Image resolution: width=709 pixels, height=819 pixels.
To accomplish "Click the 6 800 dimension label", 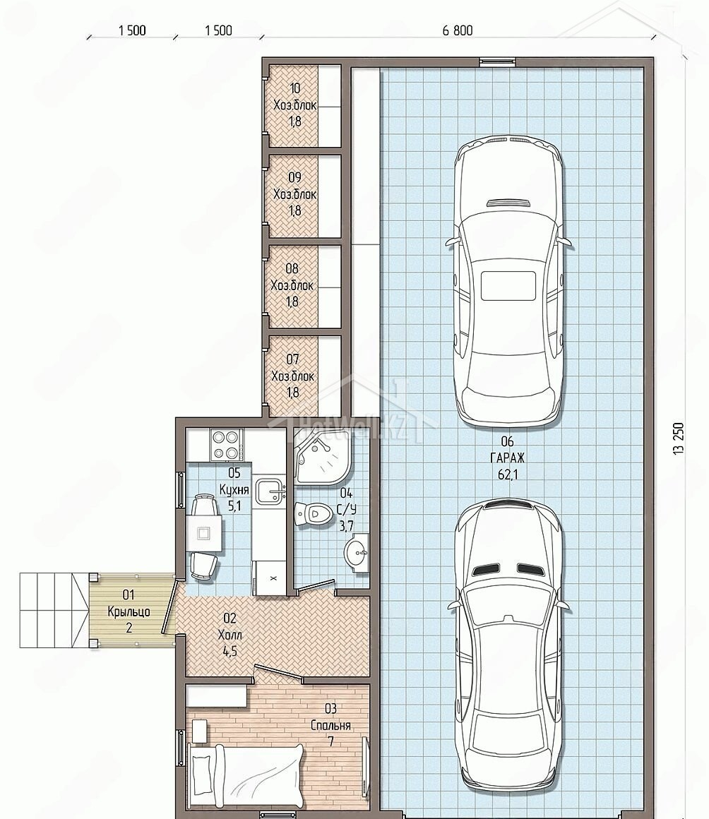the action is (x=457, y=30).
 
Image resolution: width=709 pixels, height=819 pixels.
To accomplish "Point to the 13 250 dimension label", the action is (x=678, y=438).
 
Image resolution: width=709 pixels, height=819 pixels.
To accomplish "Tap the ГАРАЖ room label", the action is (x=507, y=458).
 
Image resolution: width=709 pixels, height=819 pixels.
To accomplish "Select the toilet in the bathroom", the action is (x=313, y=514).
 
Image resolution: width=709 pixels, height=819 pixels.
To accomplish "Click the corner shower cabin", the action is (x=321, y=455).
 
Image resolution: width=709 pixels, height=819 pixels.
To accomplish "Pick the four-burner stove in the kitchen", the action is (x=226, y=444).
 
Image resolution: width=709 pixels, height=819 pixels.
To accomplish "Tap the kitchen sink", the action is (x=270, y=491).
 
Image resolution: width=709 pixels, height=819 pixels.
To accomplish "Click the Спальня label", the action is (x=330, y=726).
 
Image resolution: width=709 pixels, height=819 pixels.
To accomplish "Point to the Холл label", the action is (x=230, y=635).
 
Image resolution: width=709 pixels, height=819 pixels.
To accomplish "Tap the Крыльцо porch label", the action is (x=129, y=611).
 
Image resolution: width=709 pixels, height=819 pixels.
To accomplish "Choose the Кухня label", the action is (x=234, y=490).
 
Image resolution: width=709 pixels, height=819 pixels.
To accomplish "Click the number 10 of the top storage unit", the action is (x=294, y=88).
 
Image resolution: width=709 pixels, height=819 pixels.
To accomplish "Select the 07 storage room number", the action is (x=292, y=359).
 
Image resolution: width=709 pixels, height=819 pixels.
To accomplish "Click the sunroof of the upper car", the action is (x=508, y=286).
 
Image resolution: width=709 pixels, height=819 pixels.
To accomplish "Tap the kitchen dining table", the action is (x=204, y=533).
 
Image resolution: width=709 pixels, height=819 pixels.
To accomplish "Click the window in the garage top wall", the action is (x=497, y=61).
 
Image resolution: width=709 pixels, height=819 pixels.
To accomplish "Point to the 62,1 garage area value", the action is (x=508, y=474).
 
